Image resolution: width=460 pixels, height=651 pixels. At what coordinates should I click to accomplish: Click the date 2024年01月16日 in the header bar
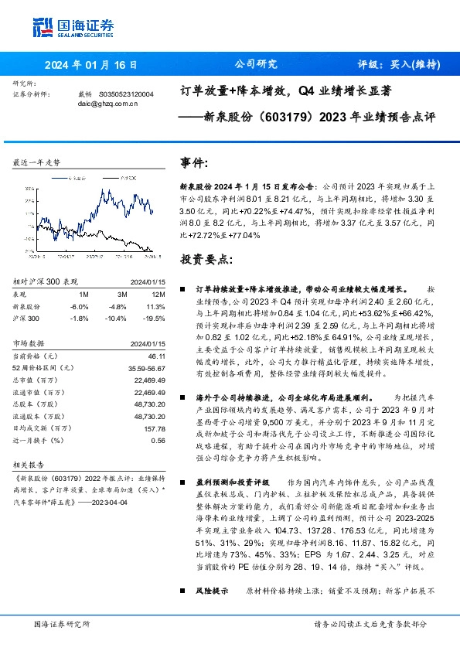[x=90, y=65]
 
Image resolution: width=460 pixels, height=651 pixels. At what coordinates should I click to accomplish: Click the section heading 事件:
[x=194, y=164]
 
